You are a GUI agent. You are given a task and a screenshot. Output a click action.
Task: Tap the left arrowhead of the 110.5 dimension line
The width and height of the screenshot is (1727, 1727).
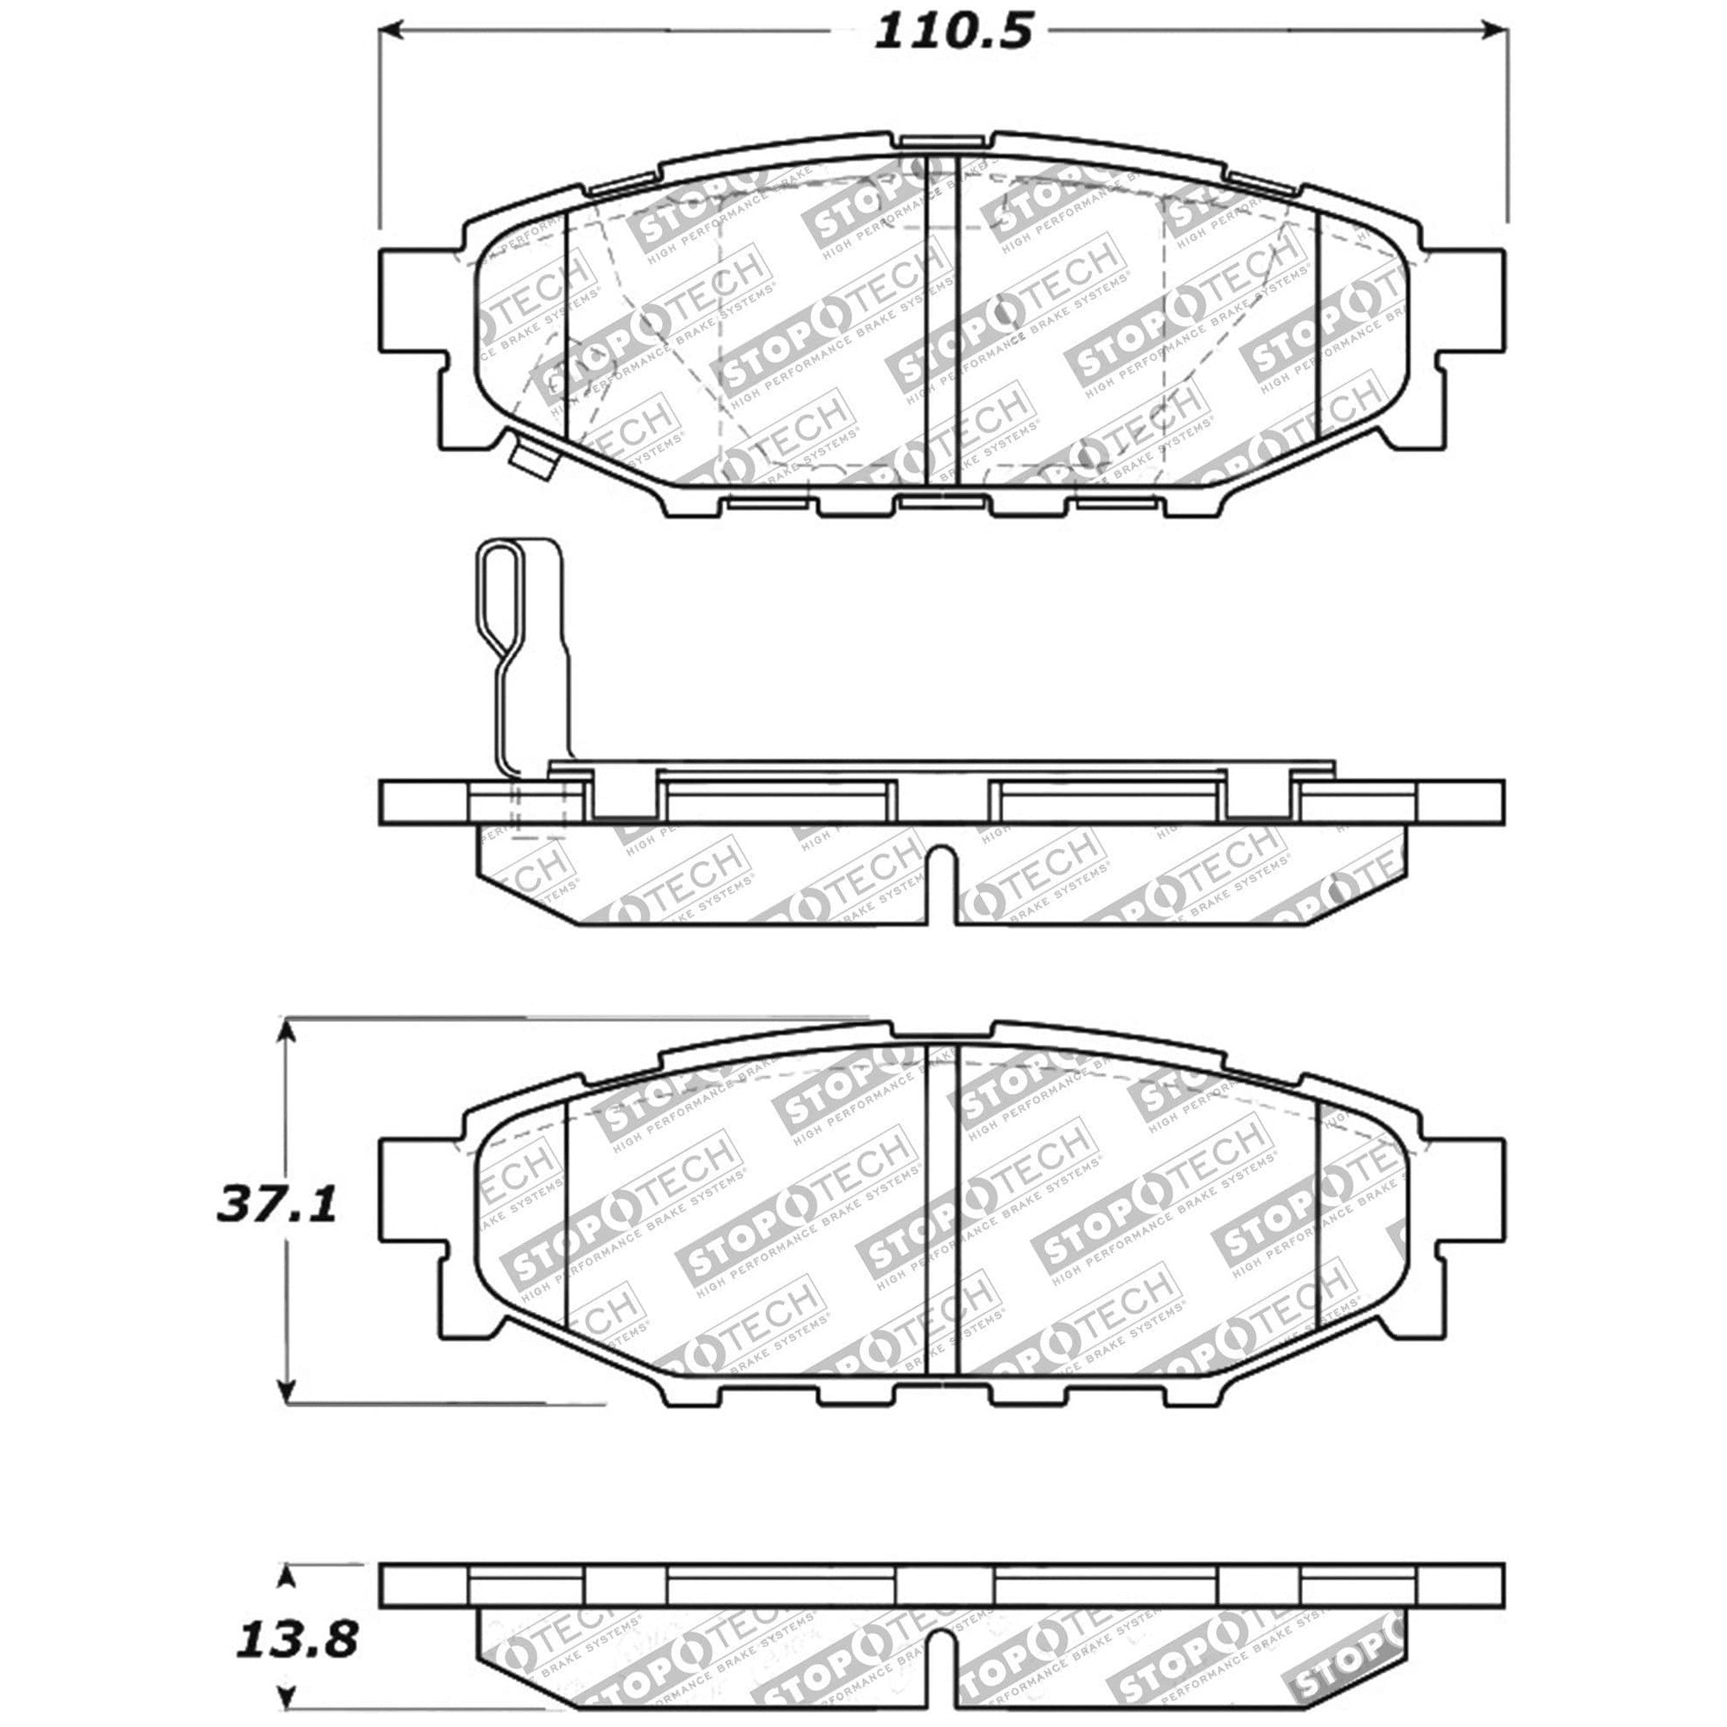pos(392,33)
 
